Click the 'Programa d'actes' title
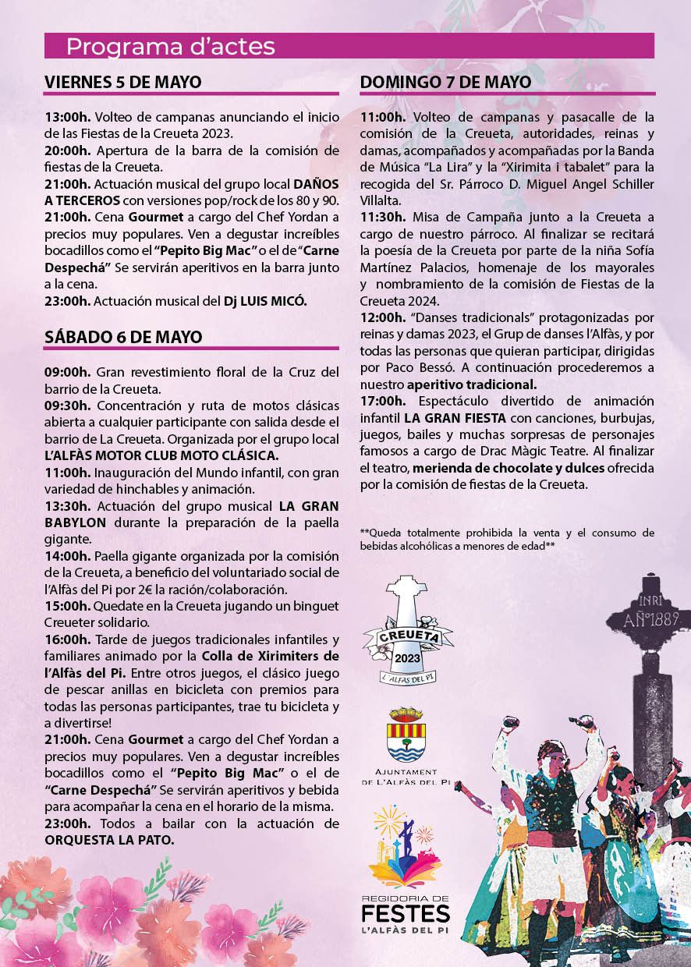[x=170, y=47]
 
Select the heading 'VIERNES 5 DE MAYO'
[x=123, y=83]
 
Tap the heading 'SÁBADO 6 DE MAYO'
[x=123, y=337]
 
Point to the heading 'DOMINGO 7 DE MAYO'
[x=446, y=82]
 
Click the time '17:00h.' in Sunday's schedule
[x=382, y=401]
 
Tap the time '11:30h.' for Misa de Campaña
[x=382, y=216]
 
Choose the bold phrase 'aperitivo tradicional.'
[x=471, y=384]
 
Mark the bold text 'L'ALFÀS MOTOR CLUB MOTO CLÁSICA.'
[x=161, y=455]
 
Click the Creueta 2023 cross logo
[x=408, y=631]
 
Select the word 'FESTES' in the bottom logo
[x=406, y=913]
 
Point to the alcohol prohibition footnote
[x=507, y=539]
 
